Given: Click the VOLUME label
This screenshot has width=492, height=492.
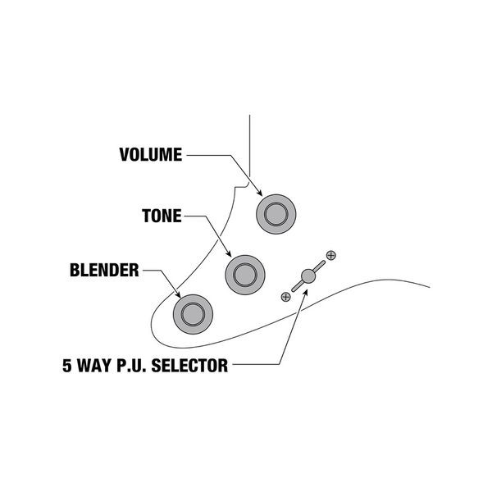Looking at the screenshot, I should pyautogui.click(x=150, y=154).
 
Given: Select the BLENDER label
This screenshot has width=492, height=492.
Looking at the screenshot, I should pyautogui.click(x=103, y=270).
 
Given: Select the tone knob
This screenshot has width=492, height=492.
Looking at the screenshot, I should pyautogui.click(x=244, y=271).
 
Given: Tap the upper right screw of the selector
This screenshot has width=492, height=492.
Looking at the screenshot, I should pyautogui.click(x=330, y=255).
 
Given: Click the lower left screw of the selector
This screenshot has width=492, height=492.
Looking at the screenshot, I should pyautogui.click(x=285, y=295).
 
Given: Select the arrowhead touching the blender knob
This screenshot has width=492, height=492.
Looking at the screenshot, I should pyautogui.click(x=179, y=295).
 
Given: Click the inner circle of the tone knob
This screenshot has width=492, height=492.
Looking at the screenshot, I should pyautogui.click(x=244, y=271).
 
